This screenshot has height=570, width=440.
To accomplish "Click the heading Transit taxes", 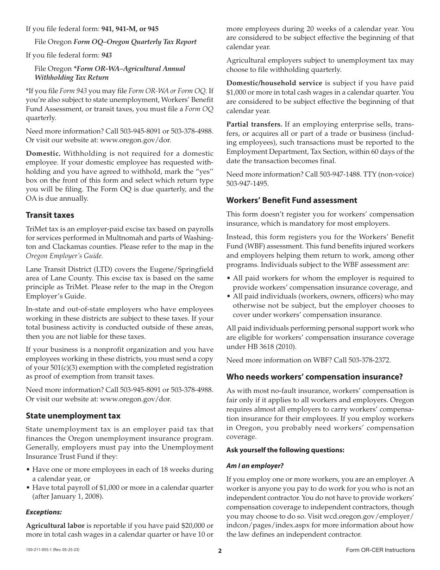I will click(50, 215).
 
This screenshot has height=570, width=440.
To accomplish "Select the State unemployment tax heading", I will click(73, 416).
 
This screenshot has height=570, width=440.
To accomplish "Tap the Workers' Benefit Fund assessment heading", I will click(291, 200).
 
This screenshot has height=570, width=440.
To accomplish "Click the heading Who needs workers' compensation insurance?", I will click(314, 377).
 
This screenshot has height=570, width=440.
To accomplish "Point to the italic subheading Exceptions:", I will click(44, 512).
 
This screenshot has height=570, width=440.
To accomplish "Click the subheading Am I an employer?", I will click(254, 465).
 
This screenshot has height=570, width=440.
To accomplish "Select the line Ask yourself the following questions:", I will click(285, 450).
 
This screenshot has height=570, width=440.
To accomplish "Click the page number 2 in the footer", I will click(220, 551).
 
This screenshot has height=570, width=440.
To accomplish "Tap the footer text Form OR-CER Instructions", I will click(380, 550).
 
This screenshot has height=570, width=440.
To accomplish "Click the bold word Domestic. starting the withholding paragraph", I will click(43, 153).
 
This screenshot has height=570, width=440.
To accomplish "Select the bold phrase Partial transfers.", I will click(254, 124).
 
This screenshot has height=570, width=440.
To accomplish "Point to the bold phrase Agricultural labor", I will click(55, 526).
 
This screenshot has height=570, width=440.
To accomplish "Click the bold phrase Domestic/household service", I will click(274, 83).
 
